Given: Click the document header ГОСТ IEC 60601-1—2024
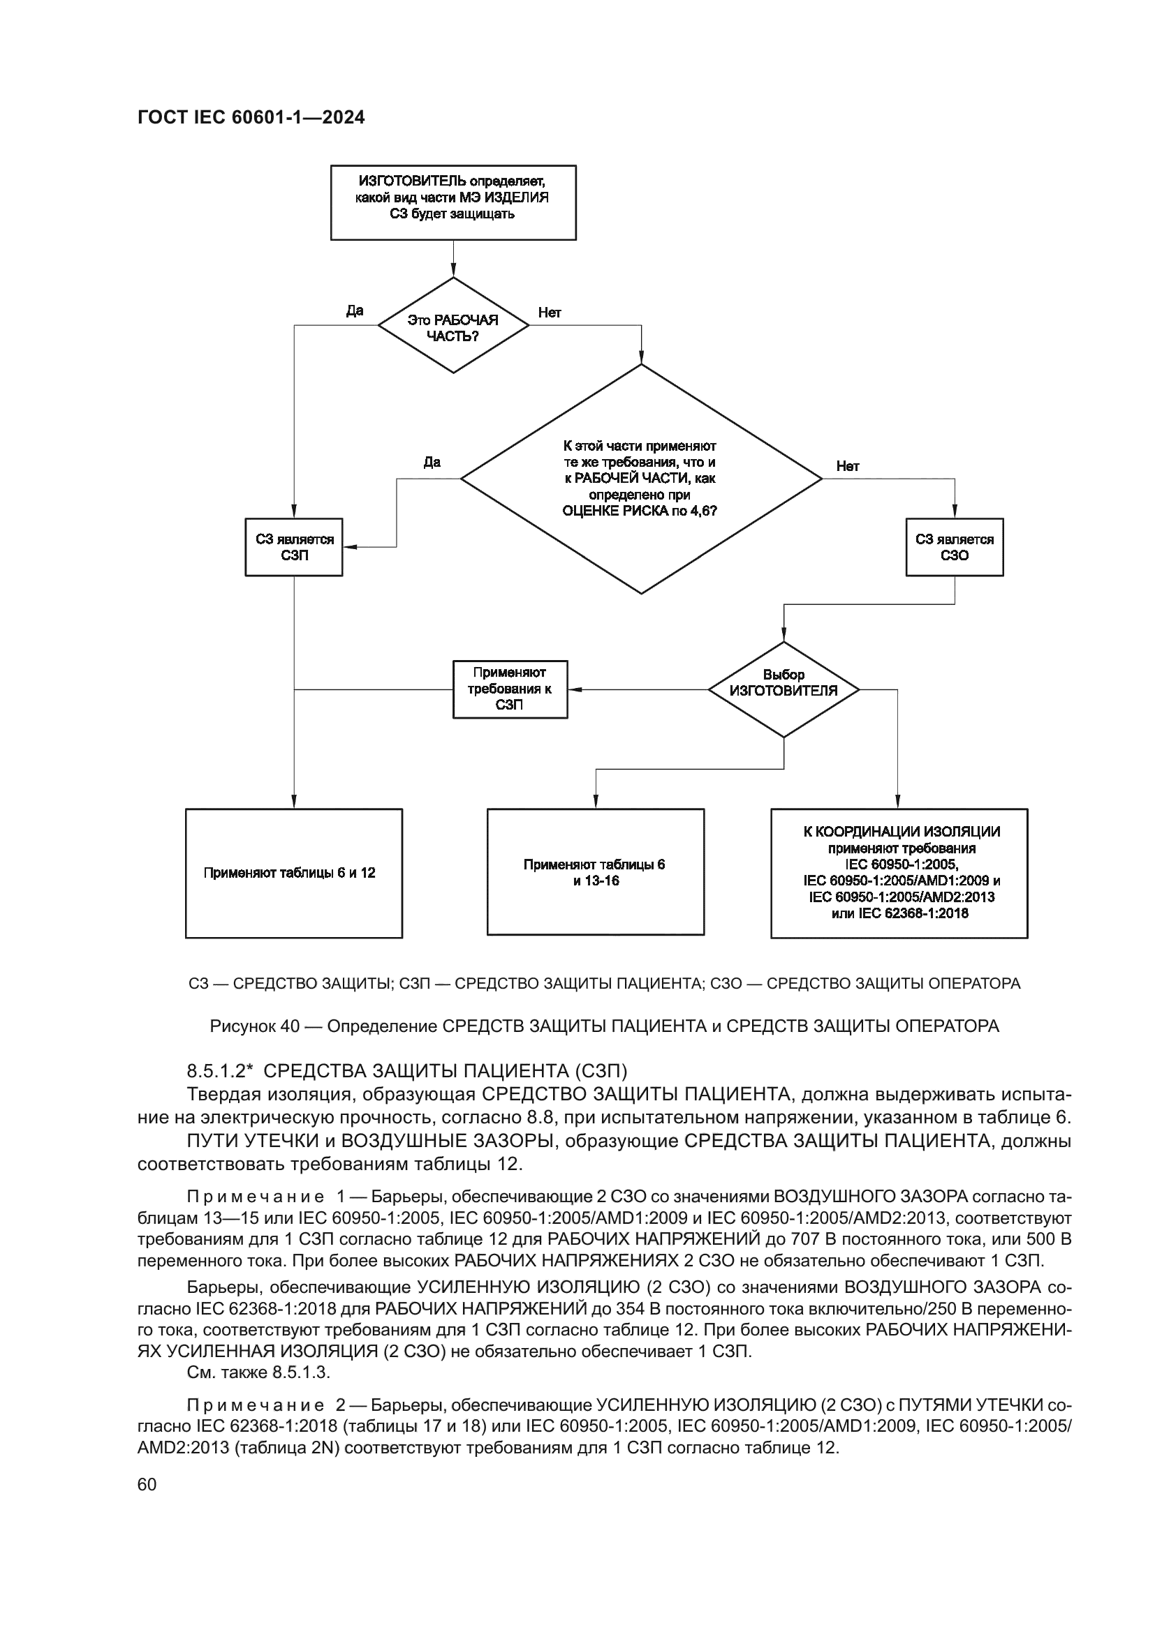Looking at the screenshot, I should [251, 118].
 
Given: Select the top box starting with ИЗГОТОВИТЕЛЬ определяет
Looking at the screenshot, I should [453, 202].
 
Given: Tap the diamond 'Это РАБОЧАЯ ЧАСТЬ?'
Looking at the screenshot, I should [453, 327].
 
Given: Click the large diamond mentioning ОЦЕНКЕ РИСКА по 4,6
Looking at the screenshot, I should [641, 479].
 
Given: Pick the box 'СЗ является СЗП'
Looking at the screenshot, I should [294, 546].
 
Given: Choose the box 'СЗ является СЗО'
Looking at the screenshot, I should [955, 546].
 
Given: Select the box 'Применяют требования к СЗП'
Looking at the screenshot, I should [510, 689].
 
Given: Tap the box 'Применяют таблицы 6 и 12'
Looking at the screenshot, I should [294, 873].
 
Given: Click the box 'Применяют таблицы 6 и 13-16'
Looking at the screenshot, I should [595, 871].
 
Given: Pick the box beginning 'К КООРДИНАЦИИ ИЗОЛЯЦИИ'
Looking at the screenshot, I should [899, 873].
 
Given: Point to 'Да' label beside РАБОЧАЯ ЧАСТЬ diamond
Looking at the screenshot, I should [354, 310].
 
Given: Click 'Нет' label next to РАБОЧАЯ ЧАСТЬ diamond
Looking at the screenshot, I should [550, 312].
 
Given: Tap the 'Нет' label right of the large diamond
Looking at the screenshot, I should [848, 466].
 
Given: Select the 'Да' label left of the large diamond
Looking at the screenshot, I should [432, 463].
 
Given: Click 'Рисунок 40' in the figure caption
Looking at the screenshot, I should [254, 1026].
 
